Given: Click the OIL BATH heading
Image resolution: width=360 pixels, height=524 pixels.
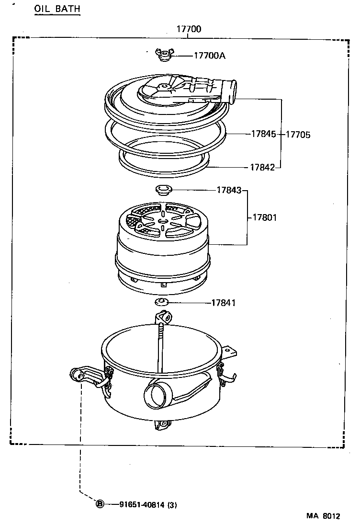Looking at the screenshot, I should click(x=56, y=9).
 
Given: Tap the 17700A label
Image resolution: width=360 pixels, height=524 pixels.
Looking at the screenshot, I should click(x=209, y=56).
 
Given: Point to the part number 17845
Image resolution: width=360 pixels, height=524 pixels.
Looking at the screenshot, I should click(x=263, y=135).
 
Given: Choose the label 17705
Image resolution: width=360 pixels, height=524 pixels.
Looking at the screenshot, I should click(x=298, y=135).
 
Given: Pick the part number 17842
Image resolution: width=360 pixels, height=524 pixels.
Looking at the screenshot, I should click(x=262, y=167).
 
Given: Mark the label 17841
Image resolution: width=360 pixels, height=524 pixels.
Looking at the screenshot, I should click(x=224, y=303).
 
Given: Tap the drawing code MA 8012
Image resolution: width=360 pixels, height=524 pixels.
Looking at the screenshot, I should click(x=323, y=516).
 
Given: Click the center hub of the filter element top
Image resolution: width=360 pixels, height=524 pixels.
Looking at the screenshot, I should click(x=163, y=221).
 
